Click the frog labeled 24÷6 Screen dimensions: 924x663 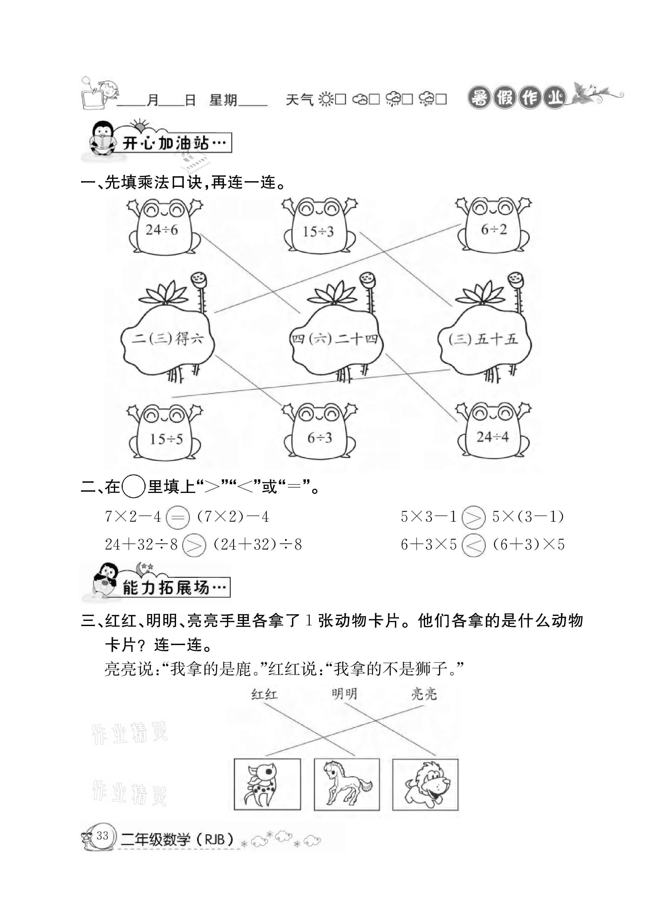click(x=163, y=228)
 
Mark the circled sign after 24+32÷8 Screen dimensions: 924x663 click(x=194, y=545)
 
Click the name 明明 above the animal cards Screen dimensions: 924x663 click(x=344, y=693)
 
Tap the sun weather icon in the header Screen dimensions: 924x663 click(x=326, y=99)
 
